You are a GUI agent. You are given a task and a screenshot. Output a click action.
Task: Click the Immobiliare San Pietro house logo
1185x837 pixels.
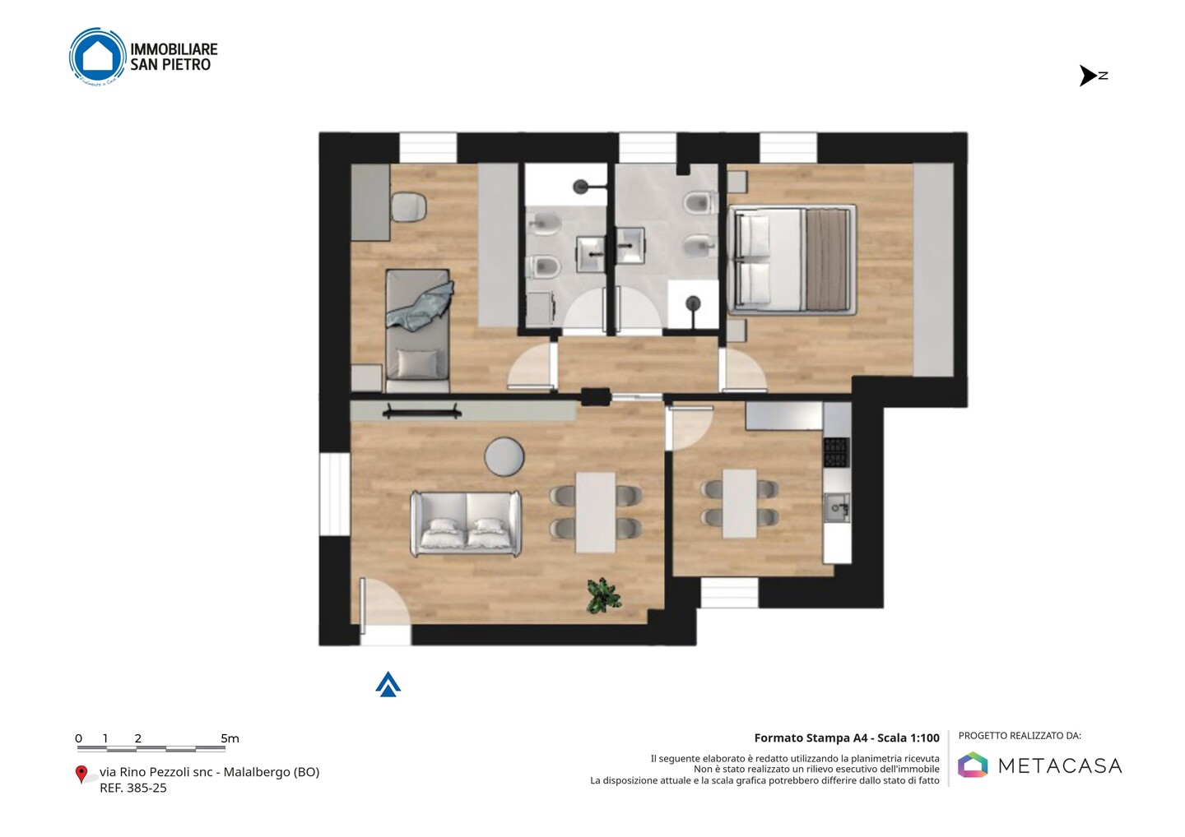(x=98, y=57)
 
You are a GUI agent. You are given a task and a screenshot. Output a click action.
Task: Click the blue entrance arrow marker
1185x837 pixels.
(x=388, y=684)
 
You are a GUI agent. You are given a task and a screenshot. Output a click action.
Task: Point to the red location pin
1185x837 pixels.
(x=81, y=775)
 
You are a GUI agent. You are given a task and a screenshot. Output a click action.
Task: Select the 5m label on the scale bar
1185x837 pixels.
(x=230, y=738)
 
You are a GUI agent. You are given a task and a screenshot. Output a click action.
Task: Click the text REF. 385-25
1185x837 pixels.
(x=133, y=788)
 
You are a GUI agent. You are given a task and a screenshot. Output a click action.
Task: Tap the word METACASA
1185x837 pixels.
(x=1060, y=765)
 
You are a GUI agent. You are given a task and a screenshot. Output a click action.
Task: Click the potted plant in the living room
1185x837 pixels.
(x=603, y=595)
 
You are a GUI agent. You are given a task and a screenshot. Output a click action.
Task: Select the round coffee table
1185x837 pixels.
(x=504, y=456)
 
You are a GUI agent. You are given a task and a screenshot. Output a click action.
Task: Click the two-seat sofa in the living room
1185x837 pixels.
(x=466, y=523)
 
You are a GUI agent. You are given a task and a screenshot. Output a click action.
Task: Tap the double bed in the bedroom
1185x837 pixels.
(x=792, y=260)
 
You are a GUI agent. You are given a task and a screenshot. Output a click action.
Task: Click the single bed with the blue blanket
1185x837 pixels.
(x=418, y=331)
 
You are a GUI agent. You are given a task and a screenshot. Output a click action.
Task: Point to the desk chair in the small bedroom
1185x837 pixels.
(x=409, y=206)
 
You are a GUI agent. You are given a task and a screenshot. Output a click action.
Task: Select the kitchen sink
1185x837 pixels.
(x=838, y=508)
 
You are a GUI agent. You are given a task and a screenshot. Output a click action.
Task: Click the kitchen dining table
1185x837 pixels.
(x=740, y=503)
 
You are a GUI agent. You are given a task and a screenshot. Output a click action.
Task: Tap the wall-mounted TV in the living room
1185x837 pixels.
(x=421, y=410)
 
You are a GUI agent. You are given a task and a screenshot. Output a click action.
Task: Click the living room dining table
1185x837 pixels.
(x=596, y=512)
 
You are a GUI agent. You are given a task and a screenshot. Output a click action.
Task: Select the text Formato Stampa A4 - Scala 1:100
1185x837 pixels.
(x=847, y=738)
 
